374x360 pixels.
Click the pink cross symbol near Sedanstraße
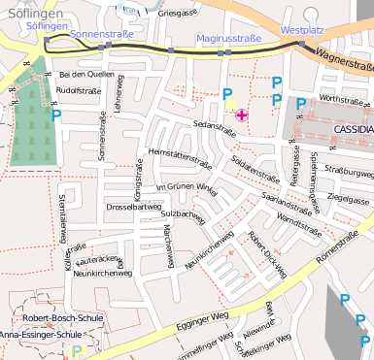point(241,115)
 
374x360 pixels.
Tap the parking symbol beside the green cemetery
point(55,115)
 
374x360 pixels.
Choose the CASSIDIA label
point(352,129)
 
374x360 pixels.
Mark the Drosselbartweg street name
point(133,207)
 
